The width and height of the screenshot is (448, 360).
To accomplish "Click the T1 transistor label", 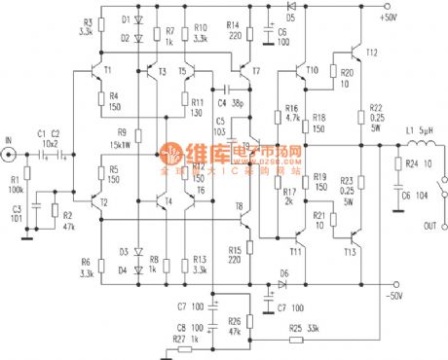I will [x=108, y=70].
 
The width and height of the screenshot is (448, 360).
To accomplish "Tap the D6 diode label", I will [x=284, y=273].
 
